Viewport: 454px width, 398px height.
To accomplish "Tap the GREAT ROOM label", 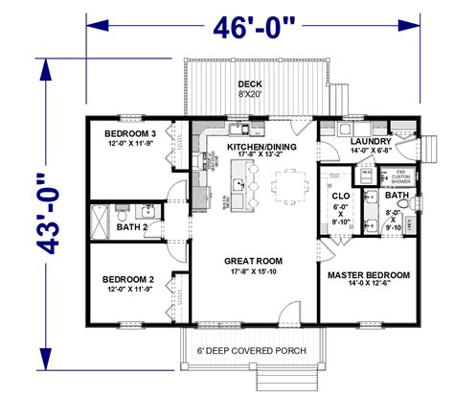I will tap(253, 259).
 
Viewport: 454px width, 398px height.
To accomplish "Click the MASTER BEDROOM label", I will tap(368, 274).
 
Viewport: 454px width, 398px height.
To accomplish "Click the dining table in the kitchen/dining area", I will tap(289, 182).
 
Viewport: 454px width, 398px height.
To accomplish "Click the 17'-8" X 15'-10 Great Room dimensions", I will tap(253, 271).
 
